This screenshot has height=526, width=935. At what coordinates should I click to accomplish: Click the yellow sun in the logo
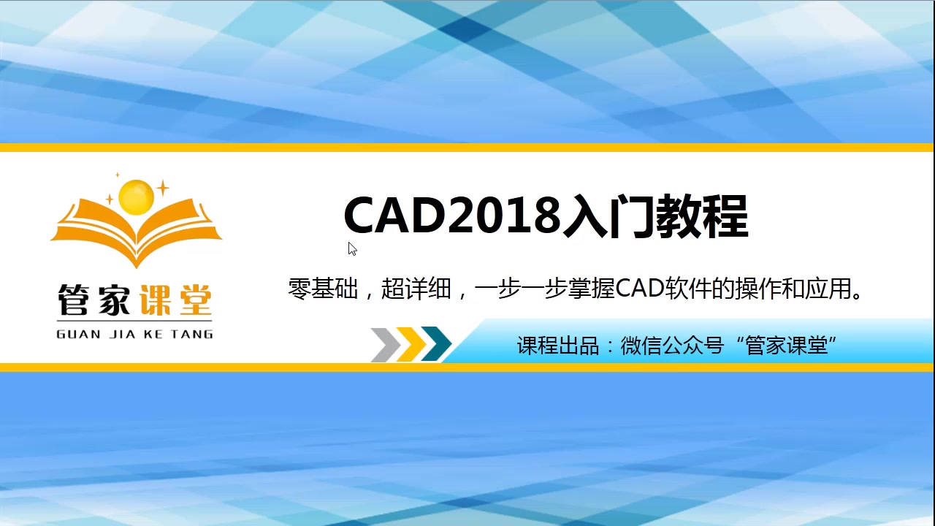(x=137, y=197)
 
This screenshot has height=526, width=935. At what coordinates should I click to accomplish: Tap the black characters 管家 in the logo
(x=93, y=300)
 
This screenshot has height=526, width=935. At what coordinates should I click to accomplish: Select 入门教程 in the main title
(x=655, y=216)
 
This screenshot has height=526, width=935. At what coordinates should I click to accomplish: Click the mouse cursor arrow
(x=352, y=248)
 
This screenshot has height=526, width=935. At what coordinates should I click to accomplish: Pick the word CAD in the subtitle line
(x=639, y=289)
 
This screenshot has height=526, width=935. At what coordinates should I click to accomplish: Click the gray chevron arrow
(x=385, y=345)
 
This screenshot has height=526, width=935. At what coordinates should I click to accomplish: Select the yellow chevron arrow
(x=411, y=345)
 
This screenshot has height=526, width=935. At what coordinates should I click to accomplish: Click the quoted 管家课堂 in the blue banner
(x=787, y=346)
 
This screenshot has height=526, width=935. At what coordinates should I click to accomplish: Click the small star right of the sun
(x=162, y=188)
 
